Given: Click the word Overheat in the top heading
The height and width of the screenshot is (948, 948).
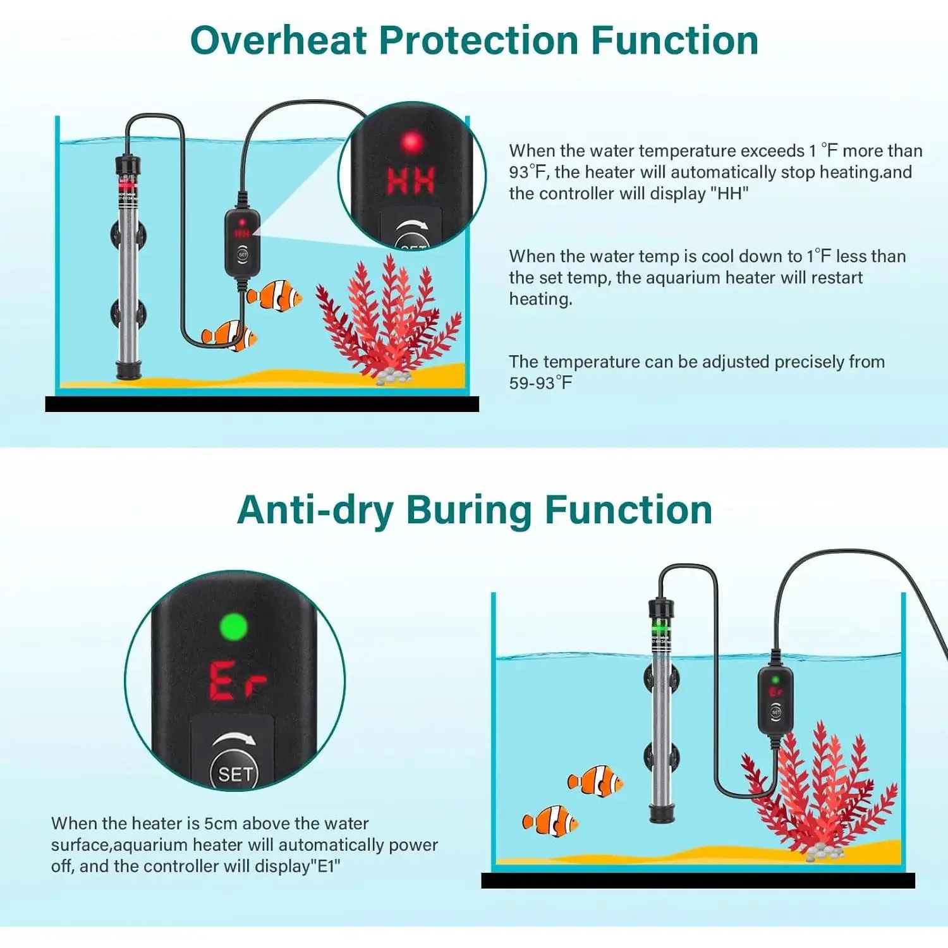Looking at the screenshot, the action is tap(279, 41).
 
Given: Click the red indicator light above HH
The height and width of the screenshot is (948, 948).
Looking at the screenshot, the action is tap(411, 142).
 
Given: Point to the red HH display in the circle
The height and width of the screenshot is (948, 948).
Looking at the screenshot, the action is tap(411, 181).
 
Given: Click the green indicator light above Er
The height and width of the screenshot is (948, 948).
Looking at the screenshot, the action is tap(233, 627).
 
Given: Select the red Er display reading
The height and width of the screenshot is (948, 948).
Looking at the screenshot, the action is tap(237, 681).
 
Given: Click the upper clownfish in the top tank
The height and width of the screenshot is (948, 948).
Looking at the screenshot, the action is tap(274, 295).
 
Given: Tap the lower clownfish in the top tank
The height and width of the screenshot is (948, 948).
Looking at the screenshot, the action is tap(229, 336).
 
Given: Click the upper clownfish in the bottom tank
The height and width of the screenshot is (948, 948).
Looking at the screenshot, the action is tap(595, 781).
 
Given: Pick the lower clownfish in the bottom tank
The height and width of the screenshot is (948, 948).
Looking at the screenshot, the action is tap(550, 821).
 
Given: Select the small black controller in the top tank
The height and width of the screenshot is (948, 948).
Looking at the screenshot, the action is tap(242, 242).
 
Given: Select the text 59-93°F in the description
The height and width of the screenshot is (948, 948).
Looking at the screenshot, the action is tap(541, 383).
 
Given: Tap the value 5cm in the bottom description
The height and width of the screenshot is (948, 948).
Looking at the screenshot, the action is tap(221, 823).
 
